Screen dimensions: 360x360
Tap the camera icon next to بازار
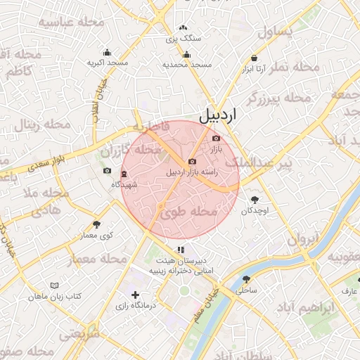[216, 138]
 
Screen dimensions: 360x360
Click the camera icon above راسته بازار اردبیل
[192, 162]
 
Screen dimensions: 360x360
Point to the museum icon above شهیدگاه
[124, 174]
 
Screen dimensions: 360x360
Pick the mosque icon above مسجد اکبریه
[107, 52]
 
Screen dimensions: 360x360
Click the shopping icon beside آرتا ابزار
[254, 58]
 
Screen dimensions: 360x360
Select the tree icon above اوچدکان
[254, 200]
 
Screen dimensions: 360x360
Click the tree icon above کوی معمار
[96, 224]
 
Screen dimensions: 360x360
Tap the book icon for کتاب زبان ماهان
[55, 285]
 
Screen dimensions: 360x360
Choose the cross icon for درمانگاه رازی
[135, 295]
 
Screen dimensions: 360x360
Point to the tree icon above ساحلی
[245, 279]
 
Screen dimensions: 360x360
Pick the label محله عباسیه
[71, 22]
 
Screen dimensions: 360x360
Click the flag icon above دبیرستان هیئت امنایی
[181, 249]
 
